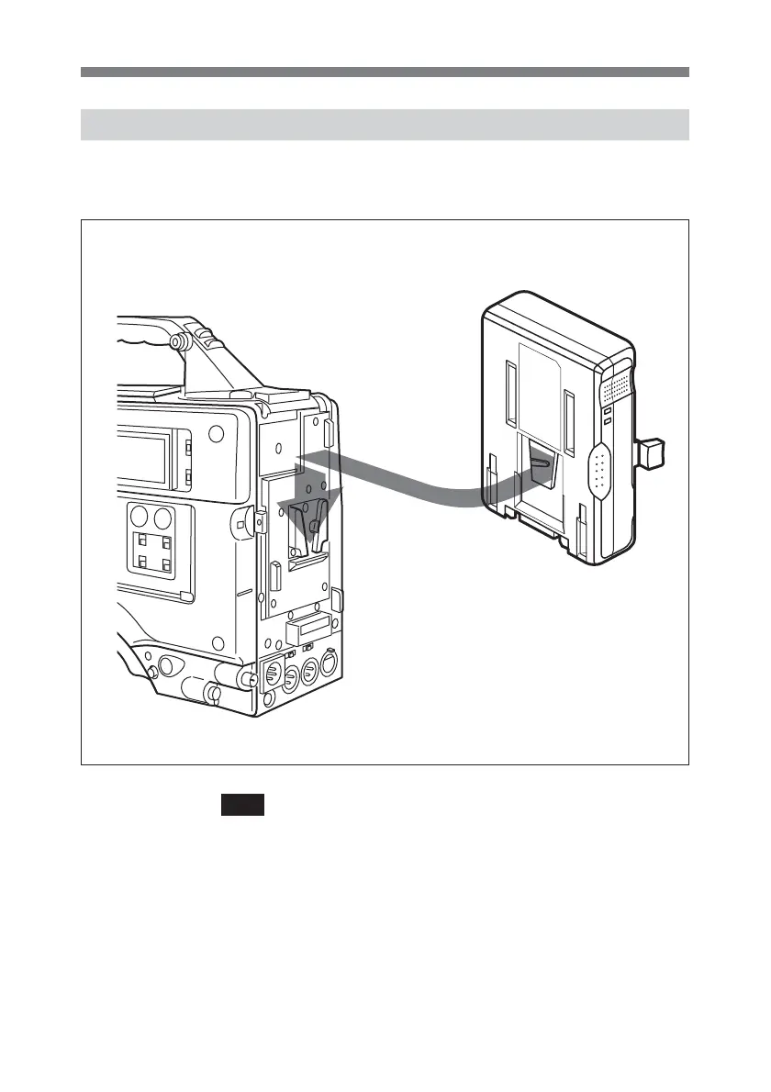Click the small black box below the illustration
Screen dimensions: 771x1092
pyautogui.click(x=242, y=805)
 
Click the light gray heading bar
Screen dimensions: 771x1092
pyautogui.click(x=385, y=125)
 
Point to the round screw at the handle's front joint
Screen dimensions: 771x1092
pyautogui.click(x=178, y=341)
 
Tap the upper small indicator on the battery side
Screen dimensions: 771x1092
pyautogui.click(x=607, y=411)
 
